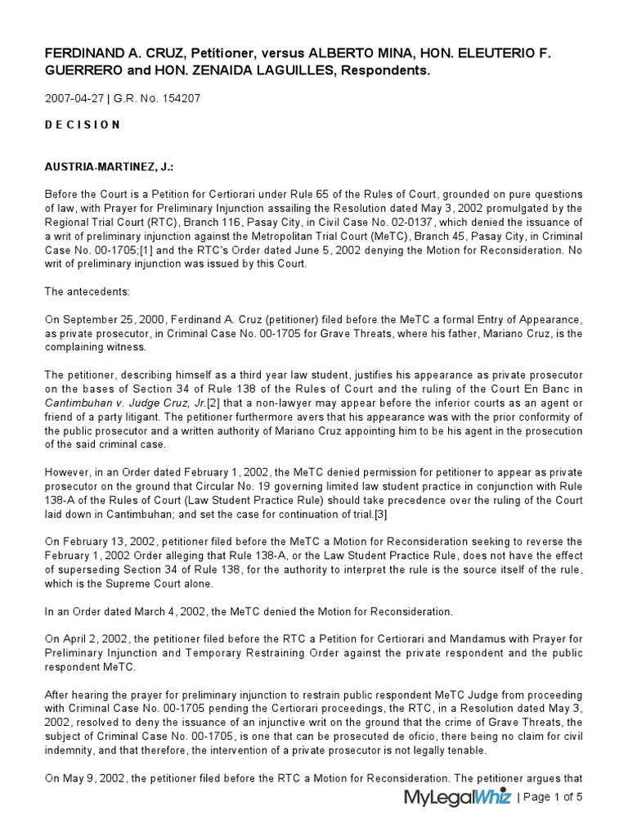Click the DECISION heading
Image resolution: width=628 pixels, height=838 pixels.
(82, 125)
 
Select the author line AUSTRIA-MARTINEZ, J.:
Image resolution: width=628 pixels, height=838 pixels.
(108, 167)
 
